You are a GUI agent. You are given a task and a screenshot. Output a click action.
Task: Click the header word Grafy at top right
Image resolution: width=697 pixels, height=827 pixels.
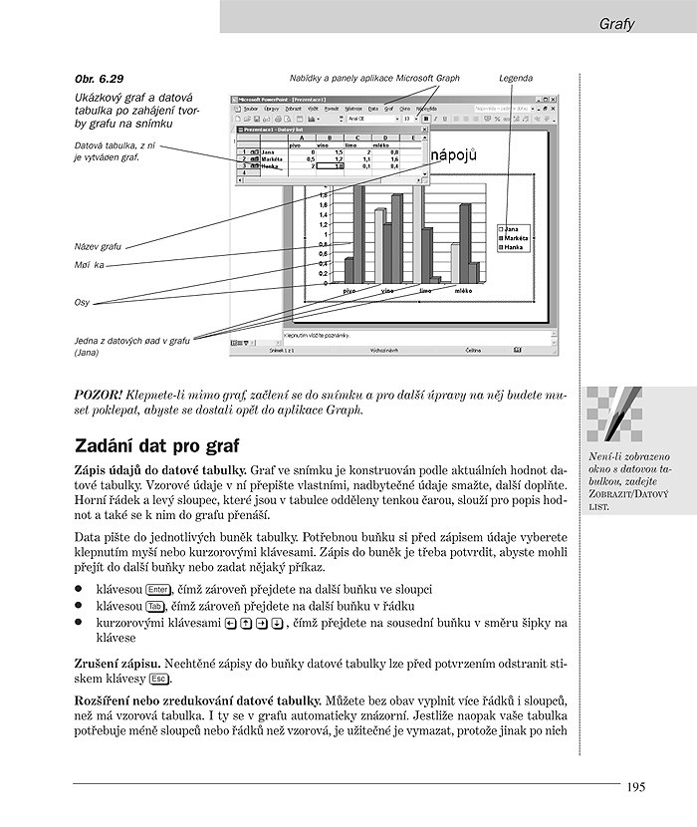click(x=618, y=21)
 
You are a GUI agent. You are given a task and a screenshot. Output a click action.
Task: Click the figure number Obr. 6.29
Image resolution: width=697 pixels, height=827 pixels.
click(x=100, y=78)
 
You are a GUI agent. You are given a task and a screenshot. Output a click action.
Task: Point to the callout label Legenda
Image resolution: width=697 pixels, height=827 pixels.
click(x=516, y=78)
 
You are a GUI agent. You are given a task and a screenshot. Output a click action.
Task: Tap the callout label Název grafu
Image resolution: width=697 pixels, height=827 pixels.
click(x=98, y=246)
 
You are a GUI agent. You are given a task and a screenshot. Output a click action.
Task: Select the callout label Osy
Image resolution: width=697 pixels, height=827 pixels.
click(x=82, y=302)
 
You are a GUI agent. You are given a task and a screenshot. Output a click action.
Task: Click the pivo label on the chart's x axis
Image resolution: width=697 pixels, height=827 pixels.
click(x=349, y=290)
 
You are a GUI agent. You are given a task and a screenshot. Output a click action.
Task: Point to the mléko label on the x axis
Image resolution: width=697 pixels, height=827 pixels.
click(x=463, y=290)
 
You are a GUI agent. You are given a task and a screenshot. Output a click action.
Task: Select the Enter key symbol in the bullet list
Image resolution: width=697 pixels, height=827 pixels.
click(x=156, y=589)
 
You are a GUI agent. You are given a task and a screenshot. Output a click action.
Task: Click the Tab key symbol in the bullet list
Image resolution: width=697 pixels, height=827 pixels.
click(x=154, y=606)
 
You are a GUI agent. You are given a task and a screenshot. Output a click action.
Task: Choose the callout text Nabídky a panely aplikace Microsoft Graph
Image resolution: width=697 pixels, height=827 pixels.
click(x=374, y=78)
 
